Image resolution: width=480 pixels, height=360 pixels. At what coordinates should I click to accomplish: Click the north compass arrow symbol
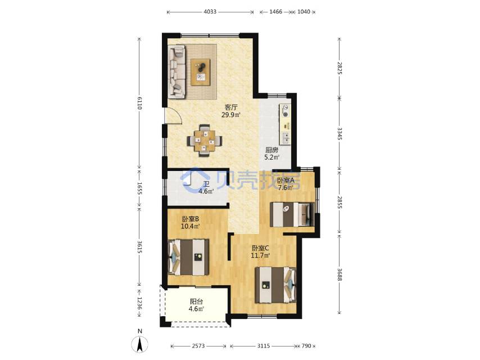click(x=140, y=344)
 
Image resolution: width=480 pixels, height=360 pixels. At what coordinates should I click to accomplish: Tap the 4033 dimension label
click(x=210, y=12)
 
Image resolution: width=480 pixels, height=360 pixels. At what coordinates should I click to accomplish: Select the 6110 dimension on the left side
click(x=139, y=103)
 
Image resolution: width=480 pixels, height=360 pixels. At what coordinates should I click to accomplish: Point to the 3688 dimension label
click(x=339, y=274)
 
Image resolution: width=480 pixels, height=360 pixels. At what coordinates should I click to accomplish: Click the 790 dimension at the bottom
click(x=306, y=346)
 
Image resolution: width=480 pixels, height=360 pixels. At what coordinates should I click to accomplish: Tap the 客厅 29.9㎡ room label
click(x=231, y=111)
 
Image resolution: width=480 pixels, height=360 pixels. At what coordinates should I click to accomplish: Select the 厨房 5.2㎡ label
click(x=271, y=154)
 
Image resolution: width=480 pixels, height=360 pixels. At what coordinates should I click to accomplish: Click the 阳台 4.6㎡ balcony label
click(x=196, y=305)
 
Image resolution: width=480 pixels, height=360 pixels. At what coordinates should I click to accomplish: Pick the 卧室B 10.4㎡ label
click(x=191, y=222)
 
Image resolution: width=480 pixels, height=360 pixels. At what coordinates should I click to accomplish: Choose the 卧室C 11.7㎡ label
click(x=260, y=251)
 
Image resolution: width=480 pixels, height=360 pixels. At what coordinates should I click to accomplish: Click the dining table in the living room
click(x=205, y=141)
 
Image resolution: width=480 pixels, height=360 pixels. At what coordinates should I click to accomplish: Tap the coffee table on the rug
click(x=201, y=72)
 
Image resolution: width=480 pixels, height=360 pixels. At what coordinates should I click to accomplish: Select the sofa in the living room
click(x=176, y=72)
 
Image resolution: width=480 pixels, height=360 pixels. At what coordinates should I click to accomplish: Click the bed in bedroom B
click(x=189, y=257)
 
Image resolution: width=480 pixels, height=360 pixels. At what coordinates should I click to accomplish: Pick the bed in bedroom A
click(x=292, y=214)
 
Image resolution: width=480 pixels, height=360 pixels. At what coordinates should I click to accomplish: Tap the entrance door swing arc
click(x=178, y=114)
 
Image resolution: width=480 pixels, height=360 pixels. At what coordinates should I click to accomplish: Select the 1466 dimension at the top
click(x=275, y=12)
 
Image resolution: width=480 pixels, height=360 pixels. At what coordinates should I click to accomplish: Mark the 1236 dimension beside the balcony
click(x=139, y=303)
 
